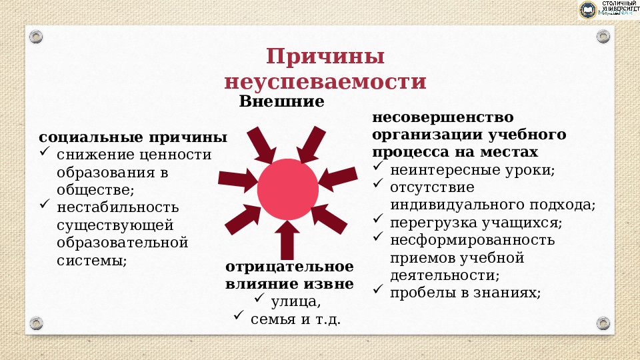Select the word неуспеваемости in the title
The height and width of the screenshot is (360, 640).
325,81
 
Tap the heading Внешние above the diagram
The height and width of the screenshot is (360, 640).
281,102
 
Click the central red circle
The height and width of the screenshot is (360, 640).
287,189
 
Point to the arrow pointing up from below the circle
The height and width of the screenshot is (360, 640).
287,240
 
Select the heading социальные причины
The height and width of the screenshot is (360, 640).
133,137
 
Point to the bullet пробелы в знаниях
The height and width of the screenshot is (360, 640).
465,292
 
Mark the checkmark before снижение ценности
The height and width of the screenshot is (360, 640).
45,153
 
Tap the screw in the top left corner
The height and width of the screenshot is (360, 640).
36,35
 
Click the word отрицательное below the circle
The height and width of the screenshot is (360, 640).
289,267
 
